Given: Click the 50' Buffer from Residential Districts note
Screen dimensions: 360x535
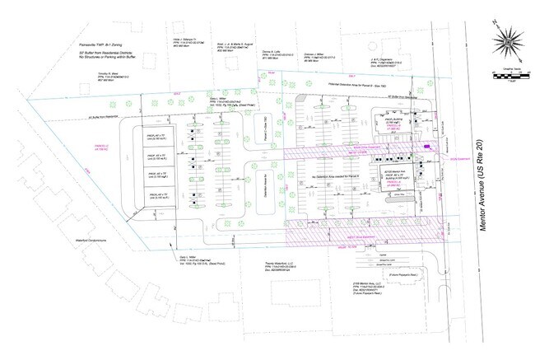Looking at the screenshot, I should click(95, 52).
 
